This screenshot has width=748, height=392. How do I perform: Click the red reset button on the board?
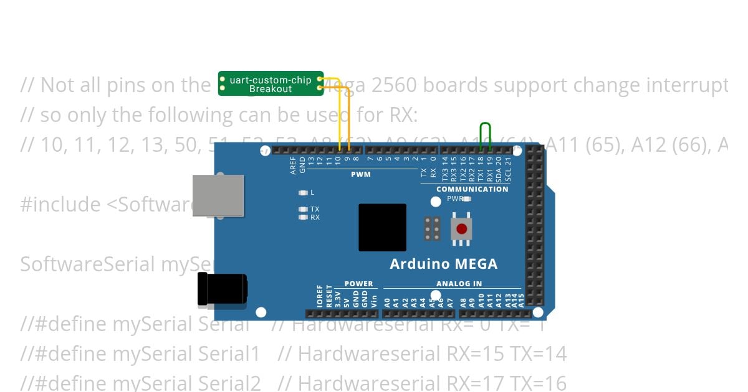(461, 229)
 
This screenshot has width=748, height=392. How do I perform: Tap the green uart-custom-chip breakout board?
(271, 83)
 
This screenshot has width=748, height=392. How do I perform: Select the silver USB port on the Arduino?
(218, 195)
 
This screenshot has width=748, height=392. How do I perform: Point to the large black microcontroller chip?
(382, 227)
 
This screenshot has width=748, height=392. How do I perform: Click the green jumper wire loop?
(486, 135)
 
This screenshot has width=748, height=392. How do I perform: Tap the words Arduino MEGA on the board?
(443, 264)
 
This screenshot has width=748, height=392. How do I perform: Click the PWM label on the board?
(360, 174)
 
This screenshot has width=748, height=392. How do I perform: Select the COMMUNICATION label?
(472, 189)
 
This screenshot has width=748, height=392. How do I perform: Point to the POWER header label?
(358, 284)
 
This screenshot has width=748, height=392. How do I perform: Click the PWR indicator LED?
(466, 199)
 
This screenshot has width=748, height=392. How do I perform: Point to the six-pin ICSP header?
(432, 229)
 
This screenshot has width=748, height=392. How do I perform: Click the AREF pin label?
(294, 166)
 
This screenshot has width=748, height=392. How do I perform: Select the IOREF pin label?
(320, 297)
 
